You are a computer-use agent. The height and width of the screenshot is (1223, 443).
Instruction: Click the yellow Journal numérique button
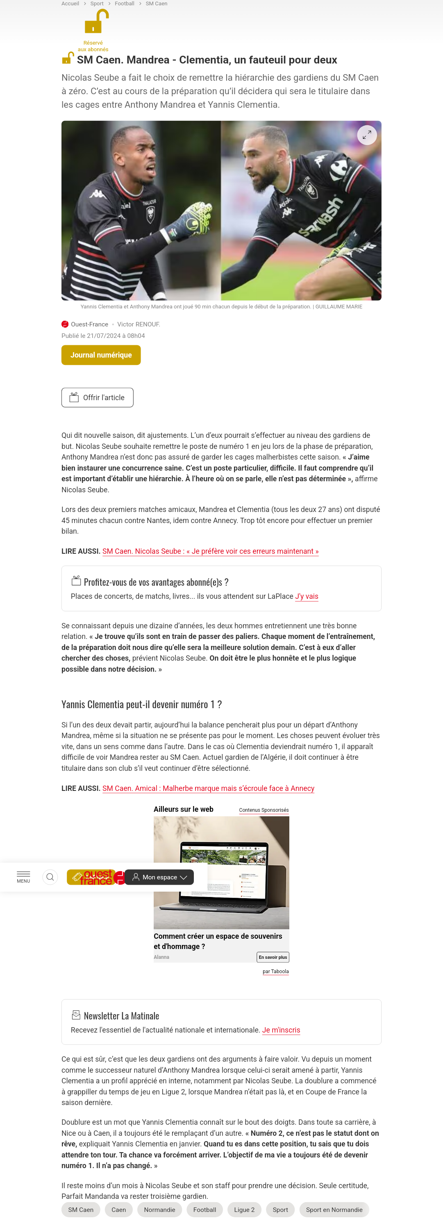point(101,355)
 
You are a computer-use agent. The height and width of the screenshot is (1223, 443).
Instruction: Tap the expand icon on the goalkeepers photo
point(366,135)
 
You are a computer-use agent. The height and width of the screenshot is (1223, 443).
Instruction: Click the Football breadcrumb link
point(125,3)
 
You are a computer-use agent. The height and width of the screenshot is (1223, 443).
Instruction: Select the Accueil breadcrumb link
point(70,3)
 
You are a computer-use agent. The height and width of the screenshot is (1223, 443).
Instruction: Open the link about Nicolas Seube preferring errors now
point(210,551)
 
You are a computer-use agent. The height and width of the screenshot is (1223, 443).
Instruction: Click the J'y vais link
point(307,596)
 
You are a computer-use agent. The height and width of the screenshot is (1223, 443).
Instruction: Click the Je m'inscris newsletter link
point(281,1030)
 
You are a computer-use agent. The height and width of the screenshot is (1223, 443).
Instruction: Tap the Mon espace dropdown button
point(159,877)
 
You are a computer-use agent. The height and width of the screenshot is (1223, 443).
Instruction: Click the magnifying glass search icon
point(50,877)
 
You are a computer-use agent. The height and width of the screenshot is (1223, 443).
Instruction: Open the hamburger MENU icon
point(23,876)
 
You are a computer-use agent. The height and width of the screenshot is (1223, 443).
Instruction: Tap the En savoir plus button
point(273,957)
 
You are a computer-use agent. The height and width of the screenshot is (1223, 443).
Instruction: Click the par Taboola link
point(275,972)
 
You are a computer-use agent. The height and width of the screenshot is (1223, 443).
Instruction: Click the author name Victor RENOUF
point(138,324)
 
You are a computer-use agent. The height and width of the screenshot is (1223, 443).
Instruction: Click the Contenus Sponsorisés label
point(264,810)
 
